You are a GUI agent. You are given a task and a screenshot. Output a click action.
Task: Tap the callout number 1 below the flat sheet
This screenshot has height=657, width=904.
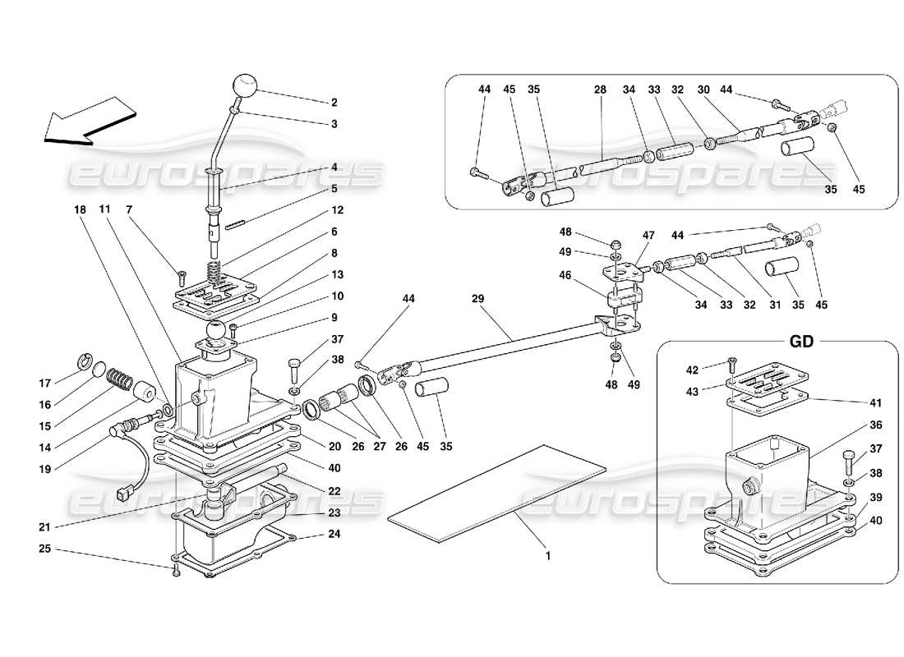click(548, 555)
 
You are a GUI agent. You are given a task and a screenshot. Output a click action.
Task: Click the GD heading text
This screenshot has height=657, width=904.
click(801, 342)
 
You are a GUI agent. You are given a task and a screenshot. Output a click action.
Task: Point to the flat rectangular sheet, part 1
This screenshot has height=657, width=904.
click(498, 493)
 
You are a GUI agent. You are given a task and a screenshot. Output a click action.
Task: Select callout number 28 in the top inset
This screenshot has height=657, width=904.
click(599, 89)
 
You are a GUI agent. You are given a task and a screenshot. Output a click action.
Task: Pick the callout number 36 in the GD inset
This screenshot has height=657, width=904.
click(853, 425)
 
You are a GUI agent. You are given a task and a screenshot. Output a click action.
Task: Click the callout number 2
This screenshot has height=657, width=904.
click(334, 103)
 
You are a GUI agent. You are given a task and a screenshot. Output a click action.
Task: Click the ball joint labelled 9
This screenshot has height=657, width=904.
click(217, 332)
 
